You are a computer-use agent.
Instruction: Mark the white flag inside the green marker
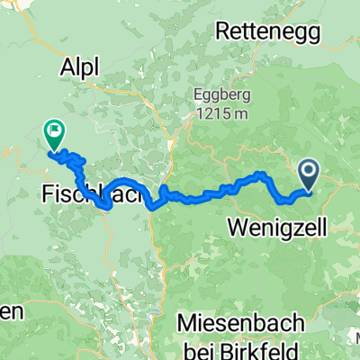click(55, 131)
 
